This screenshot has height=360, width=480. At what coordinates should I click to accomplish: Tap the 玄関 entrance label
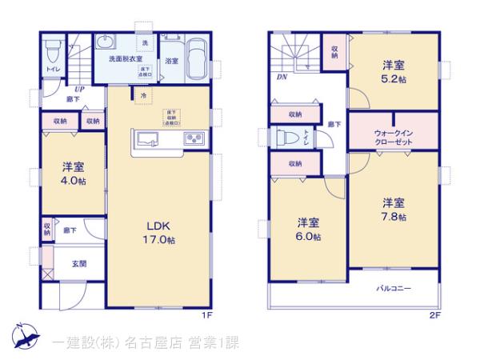79,264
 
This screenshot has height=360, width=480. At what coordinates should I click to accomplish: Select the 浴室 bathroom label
171,61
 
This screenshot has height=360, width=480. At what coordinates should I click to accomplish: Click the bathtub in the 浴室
197,58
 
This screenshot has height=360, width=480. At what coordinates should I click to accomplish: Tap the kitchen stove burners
194,140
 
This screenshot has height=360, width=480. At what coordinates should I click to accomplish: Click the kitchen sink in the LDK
148,141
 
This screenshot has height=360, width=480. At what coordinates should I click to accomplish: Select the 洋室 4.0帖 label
74,174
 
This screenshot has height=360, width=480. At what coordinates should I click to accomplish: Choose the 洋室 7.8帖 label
393,208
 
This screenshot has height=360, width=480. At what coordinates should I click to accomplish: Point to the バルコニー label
394,288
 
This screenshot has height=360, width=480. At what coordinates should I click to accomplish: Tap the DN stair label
282,77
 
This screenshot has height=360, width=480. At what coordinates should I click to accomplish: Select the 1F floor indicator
206,315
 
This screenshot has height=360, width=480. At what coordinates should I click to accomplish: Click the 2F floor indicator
434,315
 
